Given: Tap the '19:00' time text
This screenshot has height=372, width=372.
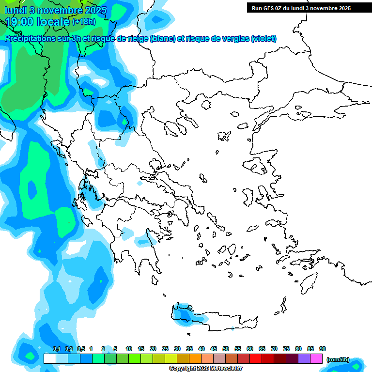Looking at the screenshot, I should point(19,22).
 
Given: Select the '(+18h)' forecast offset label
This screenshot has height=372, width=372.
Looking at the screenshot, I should point(84,22).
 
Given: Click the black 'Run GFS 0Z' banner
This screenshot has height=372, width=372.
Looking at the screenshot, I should point(298,8).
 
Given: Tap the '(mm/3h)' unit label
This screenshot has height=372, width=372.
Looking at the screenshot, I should point(338,359).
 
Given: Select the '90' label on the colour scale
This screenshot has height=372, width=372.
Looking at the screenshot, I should point(323,349).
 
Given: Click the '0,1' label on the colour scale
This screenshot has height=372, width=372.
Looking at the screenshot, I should point(56,349).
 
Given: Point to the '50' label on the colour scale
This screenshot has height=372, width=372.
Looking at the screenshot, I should point(226,349).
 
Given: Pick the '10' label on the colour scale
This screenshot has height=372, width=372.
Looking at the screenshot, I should point(129,349).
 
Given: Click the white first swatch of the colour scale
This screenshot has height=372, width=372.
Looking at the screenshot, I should point(49,359).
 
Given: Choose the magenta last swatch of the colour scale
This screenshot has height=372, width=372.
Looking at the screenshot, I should point(317,359).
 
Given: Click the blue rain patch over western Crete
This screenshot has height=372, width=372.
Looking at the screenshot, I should point(184,314).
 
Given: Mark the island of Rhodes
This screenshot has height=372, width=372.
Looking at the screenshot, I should point(308,283).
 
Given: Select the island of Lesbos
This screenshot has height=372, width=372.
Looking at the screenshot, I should point(258,167).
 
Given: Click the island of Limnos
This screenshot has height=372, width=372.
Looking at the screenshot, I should point(223,136).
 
